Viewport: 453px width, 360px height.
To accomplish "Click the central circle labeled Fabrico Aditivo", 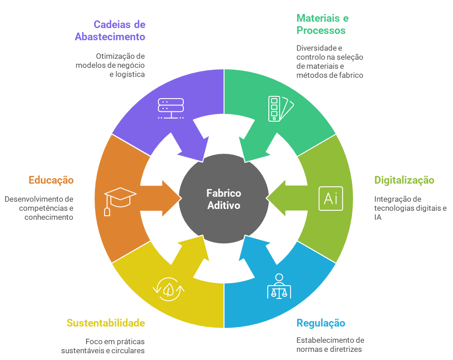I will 224,199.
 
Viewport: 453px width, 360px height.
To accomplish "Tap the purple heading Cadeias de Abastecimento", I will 110,31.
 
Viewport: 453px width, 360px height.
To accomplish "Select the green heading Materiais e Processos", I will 322,24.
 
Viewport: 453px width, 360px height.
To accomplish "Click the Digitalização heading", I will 404,180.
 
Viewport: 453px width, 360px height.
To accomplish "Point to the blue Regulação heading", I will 321,323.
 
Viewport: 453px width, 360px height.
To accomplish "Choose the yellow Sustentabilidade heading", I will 105,323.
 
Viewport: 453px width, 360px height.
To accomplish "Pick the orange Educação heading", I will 51,180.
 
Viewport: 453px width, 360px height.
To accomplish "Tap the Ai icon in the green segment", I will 330,199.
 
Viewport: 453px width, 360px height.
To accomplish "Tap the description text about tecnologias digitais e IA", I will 410,208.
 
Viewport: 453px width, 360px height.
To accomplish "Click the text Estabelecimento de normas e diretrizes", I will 330,345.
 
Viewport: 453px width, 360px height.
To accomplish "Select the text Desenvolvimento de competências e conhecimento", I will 39,208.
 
